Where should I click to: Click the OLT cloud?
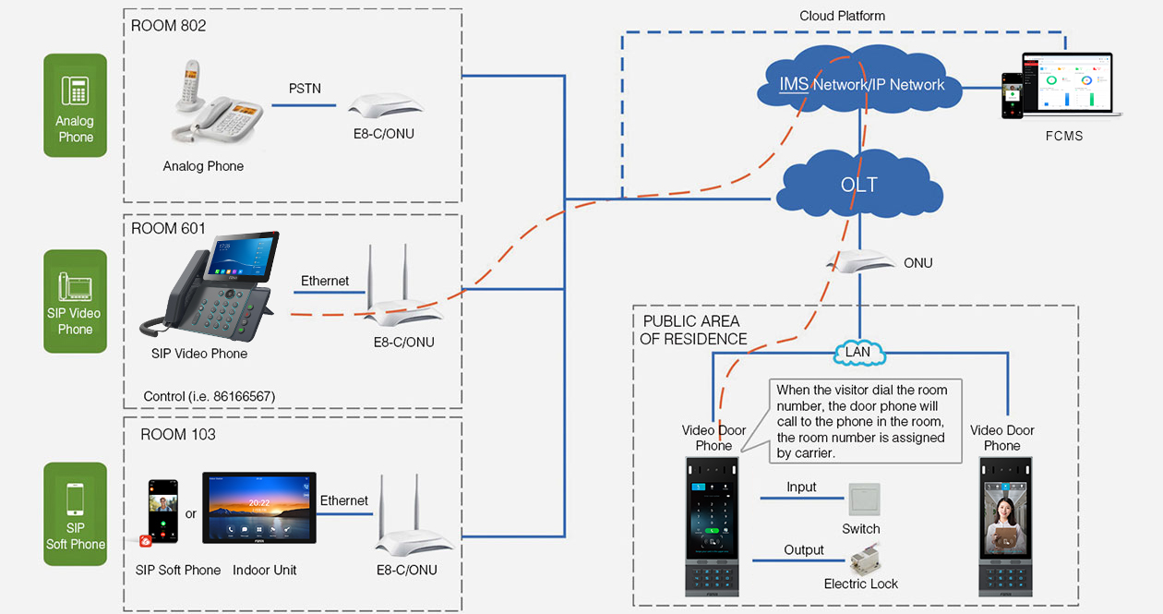[x=859, y=185]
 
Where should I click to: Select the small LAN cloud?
[x=858, y=352]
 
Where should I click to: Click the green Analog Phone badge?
[x=76, y=104]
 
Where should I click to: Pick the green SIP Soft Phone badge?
[x=76, y=513]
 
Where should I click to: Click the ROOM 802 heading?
[x=169, y=26]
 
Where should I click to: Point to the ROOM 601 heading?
[x=168, y=228]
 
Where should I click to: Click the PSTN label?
[x=305, y=89]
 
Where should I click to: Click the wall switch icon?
[x=864, y=500]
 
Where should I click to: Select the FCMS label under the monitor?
[x=1064, y=136]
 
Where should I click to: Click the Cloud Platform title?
[x=842, y=16]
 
